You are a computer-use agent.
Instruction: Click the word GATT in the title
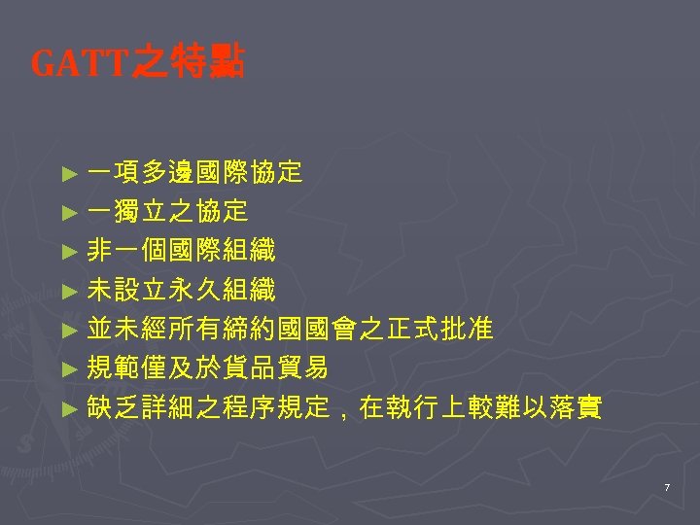80,65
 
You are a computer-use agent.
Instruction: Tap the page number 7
667,486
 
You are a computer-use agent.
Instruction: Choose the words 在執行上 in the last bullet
412,406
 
